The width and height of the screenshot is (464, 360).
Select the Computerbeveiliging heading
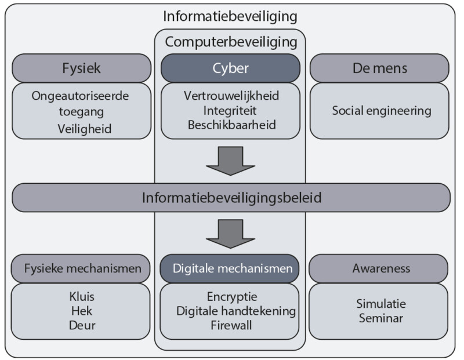(x=231, y=42)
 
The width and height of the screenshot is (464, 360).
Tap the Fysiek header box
(x=81, y=68)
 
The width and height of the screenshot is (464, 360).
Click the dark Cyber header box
(x=230, y=68)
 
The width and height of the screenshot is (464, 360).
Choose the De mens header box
(x=379, y=68)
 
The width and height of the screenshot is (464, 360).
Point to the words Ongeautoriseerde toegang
(x=81, y=102)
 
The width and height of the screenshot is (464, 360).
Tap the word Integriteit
(x=230, y=110)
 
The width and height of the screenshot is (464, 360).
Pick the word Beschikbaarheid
(x=230, y=123)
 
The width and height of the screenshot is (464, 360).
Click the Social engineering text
(x=381, y=110)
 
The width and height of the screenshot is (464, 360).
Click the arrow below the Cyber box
(x=231, y=161)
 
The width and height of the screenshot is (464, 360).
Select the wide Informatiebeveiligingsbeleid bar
(x=231, y=198)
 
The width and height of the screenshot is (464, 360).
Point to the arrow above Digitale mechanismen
(x=231, y=234)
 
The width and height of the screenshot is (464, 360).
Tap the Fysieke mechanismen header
(x=82, y=269)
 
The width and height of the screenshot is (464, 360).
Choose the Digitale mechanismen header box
(x=230, y=269)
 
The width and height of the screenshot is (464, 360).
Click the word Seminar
(x=381, y=318)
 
